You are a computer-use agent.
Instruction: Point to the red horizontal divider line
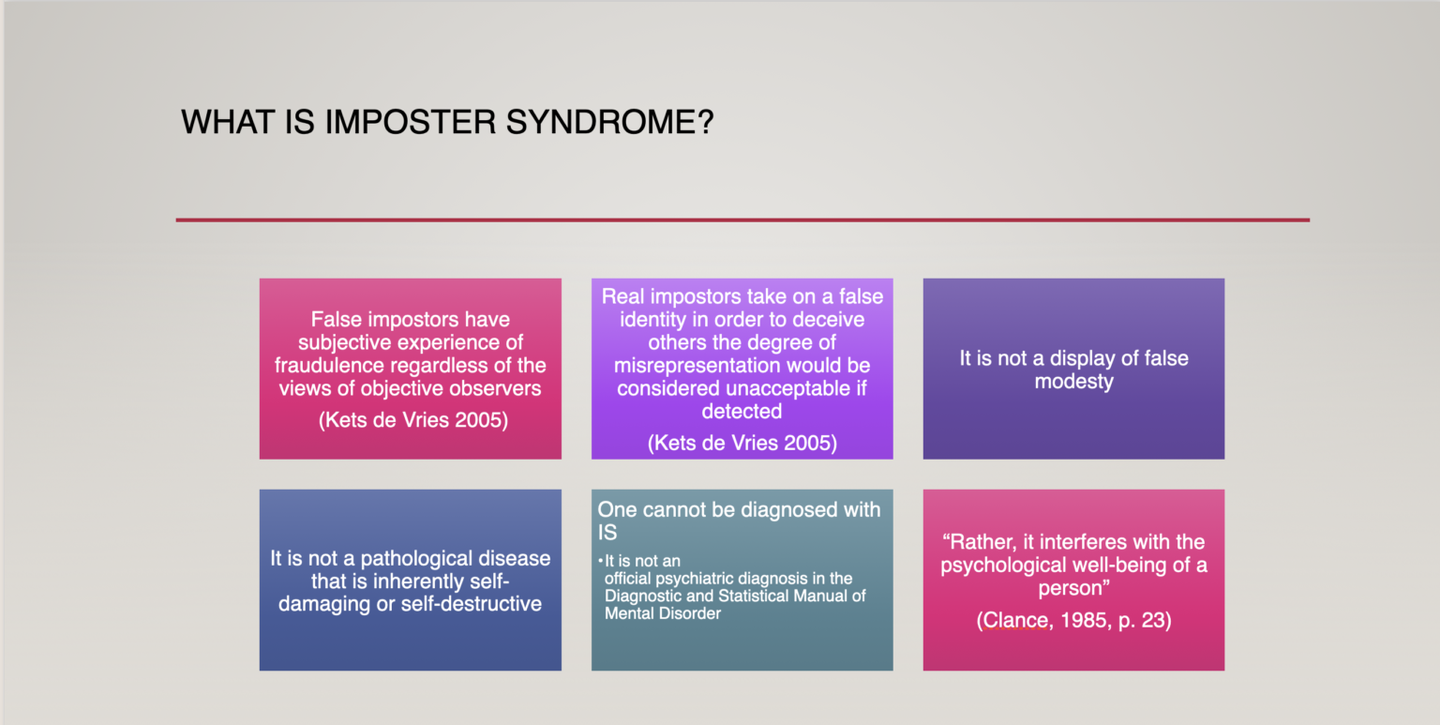tap(742, 220)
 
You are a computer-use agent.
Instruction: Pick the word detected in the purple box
tap(742, 411)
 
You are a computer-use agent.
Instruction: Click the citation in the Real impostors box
tap(742, 443)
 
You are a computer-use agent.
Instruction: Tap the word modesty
tap(1073, 382)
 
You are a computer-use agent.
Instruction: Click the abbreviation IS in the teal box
tap(607, 534)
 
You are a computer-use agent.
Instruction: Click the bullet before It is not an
tap(600, 562)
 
